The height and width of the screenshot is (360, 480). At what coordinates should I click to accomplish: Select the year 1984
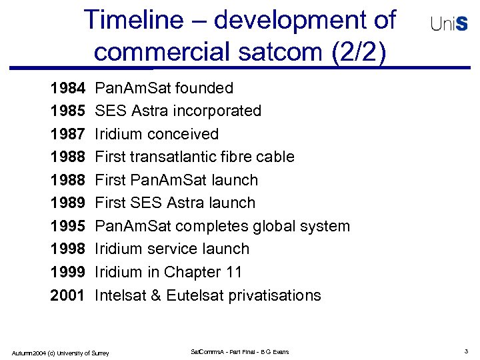coord(67,88)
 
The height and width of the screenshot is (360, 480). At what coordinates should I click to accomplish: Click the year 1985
coord(67,111)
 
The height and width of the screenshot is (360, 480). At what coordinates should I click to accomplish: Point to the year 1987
coord(67,134)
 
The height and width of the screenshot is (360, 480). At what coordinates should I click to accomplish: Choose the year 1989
coord(67,203)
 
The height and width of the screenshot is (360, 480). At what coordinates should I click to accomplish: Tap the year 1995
coord(67,226)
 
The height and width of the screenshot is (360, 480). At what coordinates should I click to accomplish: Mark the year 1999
coord(67,272)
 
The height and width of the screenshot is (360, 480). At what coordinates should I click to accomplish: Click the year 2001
coord(67,295)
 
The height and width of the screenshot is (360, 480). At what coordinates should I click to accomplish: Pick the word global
coord(274,226)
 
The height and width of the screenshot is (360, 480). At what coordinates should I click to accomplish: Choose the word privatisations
coord(275,295)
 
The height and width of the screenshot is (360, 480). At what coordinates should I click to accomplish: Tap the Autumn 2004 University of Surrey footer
coord(60,352)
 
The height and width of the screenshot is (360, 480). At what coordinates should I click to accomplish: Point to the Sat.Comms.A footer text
coord(239,351)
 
